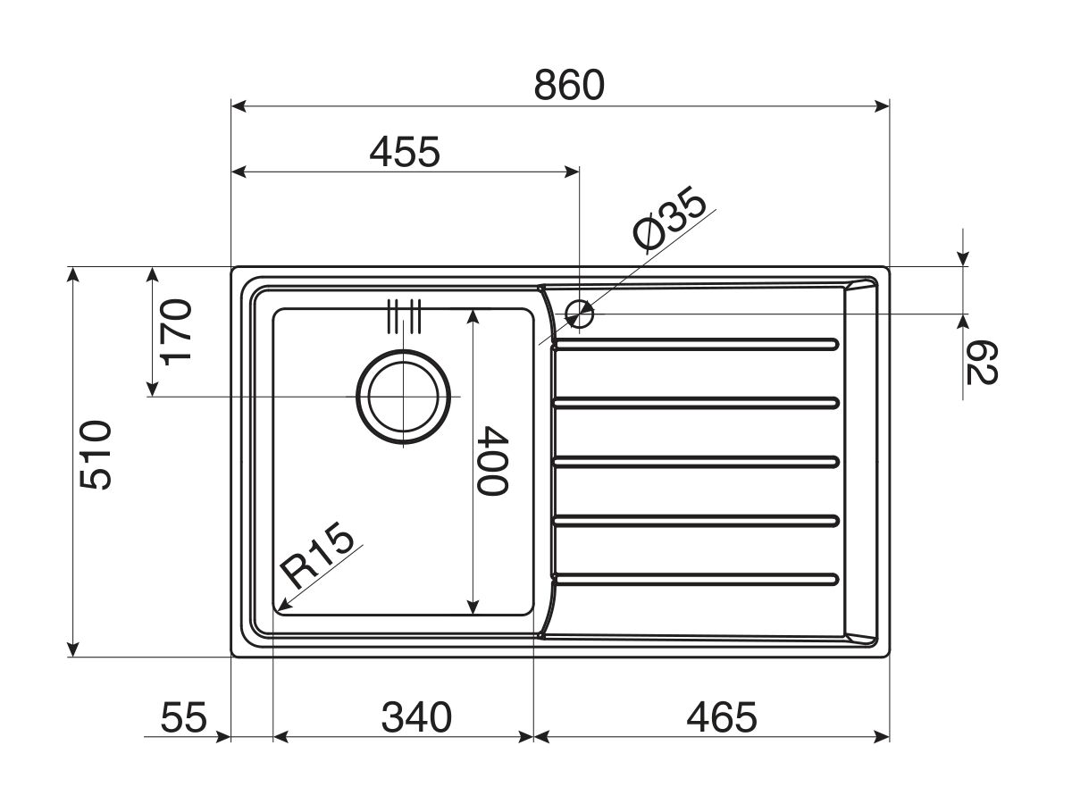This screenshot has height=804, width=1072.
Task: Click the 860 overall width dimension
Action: [569, 86]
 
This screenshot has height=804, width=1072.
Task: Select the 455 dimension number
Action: [405, 152]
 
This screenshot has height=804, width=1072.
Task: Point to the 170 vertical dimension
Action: [176, 332]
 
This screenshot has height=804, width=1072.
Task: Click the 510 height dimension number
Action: [96, 455]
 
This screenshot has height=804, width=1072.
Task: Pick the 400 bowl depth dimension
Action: [492, 461]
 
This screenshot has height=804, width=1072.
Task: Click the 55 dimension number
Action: [184, 717]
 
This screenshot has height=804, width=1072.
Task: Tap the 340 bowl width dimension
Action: [416, 717]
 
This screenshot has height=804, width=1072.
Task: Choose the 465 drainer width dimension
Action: [721, 717]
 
